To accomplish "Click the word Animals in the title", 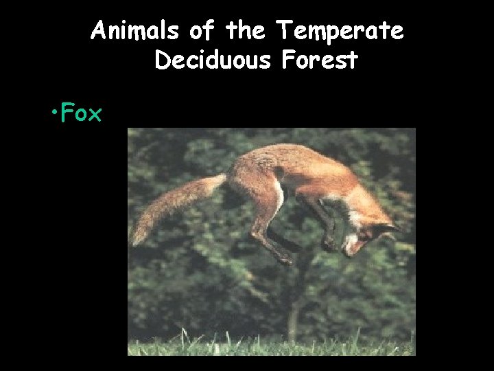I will pos(134,31).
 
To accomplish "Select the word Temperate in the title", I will pos(339,31).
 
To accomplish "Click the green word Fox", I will pos(81,113).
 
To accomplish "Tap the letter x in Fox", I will pos(95,114).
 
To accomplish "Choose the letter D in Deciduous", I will pos(163,60).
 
